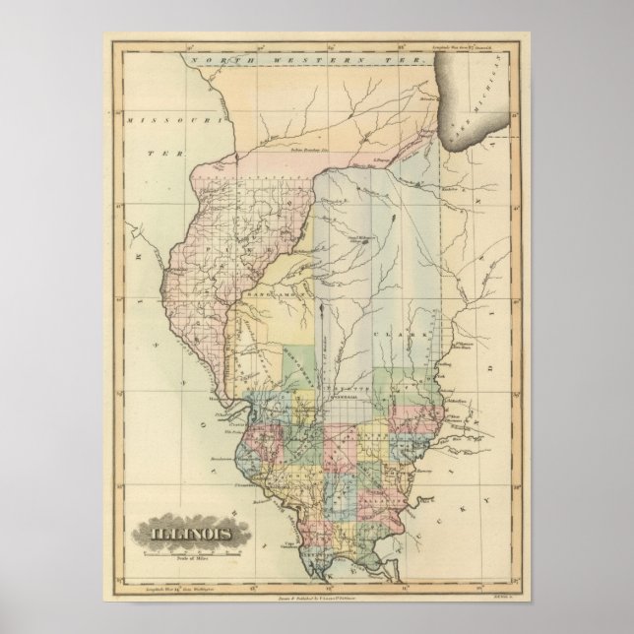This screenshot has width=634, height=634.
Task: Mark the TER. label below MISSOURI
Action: coord(153,155)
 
